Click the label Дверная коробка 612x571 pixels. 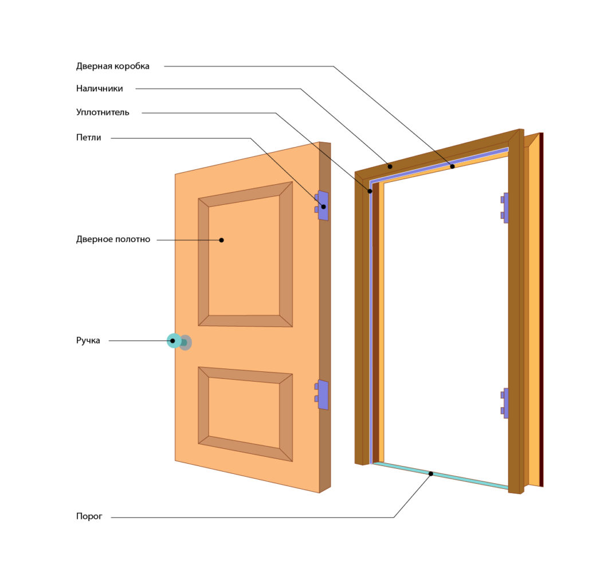click(113, 67)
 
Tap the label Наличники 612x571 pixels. click(100, 89)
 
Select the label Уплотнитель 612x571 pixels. click(103, 112)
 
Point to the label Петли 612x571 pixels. click(89, 138)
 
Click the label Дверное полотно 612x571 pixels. click(113, 239)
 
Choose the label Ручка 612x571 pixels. click(88, 340)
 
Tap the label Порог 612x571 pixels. click(89, 516)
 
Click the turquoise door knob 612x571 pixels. click(174, 341)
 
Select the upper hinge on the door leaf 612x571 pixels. click(321, 205)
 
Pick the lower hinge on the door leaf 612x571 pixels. click(321, 395)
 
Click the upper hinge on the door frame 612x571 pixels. click(505, 208)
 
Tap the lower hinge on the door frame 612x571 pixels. click(505, 403)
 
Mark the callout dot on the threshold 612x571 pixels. click(431, 473)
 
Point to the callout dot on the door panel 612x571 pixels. click(221, 240)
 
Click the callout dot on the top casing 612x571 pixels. click(390, 166)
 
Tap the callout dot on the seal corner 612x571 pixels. click(370, 191)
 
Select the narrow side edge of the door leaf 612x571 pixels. click(325, 317)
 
